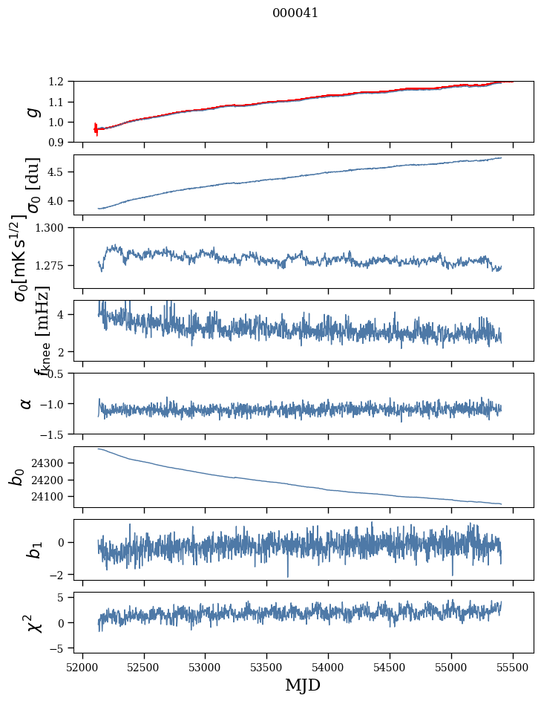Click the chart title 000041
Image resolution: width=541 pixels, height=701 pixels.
click(295, 13)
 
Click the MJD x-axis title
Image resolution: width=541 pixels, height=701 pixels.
click(298, 685)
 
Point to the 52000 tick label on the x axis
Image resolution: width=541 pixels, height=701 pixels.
click(82, 666)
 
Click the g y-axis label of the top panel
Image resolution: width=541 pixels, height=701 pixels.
click(31, 112)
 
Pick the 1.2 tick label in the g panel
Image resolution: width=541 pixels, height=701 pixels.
click(60, 82)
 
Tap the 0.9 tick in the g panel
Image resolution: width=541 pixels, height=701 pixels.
click(60, 142)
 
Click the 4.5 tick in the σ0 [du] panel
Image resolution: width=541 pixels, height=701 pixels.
click(60, 172)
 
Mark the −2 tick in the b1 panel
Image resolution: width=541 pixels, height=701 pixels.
click(59, 575)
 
